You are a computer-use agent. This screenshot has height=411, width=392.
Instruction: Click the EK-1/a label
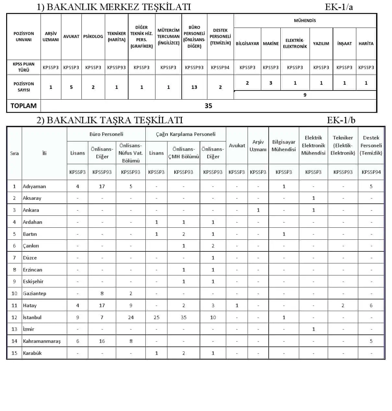[339, 7]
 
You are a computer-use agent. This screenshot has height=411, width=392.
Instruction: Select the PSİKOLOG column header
[93, 36]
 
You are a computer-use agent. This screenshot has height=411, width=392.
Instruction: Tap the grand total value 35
[208, 106]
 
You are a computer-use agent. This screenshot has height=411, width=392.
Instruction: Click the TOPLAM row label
[23, 106]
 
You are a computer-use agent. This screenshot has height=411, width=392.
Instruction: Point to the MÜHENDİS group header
[305, 20]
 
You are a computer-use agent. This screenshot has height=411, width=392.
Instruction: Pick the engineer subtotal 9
[305, 95]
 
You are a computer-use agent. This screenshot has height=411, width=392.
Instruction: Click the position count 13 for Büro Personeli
[194, 87]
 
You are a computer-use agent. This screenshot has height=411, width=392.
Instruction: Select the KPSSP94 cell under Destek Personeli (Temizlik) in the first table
[220, 67]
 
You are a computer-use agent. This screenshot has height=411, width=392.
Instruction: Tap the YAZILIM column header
[321, 43]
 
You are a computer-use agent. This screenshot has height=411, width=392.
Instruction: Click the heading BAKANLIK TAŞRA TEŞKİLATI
[110, 120]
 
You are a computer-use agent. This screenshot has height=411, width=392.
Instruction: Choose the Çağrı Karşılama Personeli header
[186, 134]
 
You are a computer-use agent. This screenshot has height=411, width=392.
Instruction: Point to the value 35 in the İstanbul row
[184, 317]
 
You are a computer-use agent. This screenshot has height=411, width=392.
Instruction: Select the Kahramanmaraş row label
[42, 341]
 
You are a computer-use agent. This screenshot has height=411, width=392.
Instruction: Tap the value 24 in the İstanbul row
[131, 317]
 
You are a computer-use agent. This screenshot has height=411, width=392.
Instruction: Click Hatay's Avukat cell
[237, 305]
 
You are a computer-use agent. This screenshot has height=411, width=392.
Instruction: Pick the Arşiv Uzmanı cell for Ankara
[258, 210]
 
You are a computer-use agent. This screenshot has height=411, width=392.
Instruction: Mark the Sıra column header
[14, 153]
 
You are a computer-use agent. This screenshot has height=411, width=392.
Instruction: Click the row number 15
[14, 353]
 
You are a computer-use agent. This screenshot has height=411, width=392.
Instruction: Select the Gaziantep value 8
[102, 293]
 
